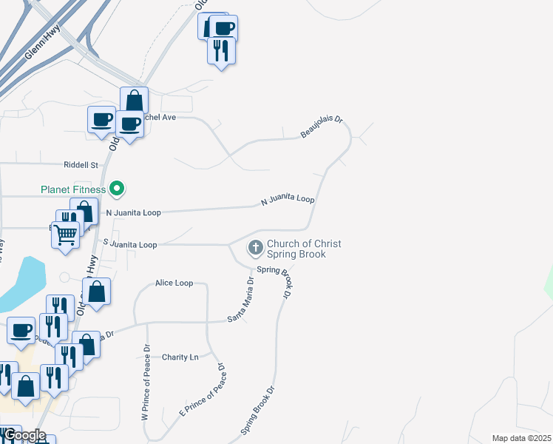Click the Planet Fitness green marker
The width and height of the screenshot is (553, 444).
click(117, 189)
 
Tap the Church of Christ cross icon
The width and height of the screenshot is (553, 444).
click(255, 247)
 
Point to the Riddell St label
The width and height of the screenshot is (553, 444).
click(81, 164)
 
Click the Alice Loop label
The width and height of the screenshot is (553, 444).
click(174, 283)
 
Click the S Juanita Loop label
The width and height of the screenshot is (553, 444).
click(130, 244)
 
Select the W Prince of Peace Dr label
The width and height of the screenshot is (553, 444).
click(146, 382)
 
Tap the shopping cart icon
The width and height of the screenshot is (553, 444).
click(66, 235)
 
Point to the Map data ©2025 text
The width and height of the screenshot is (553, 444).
click(521, 438)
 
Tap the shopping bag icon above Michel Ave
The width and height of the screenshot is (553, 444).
click(134, 101)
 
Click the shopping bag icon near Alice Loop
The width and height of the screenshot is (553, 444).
click(97, 292)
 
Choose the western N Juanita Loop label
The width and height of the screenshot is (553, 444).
click(133, 212)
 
